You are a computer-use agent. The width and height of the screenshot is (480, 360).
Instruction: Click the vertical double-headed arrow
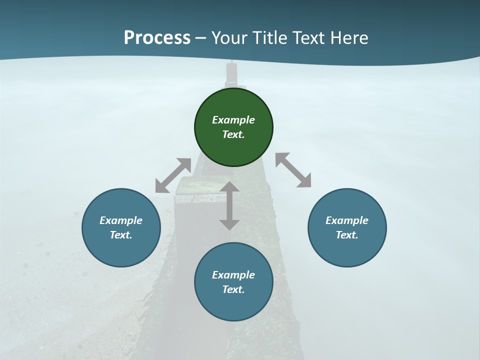click(x=229, y=206)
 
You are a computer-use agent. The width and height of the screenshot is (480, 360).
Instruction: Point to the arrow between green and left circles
click(x=173, y=175)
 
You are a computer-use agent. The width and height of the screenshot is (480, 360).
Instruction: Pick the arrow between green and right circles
click(x=293, y=170)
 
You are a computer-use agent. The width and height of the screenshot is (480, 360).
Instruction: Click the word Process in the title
click(x=157, y=37)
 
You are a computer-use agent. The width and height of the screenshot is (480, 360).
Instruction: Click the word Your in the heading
click(x=229, y=37)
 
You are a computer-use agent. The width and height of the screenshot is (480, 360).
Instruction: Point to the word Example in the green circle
click(x=233, y=120)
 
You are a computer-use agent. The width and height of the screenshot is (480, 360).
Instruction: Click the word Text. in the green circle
click(x=233, y=134)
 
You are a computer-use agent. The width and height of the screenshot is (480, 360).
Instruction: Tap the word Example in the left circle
click(x=121, y=220)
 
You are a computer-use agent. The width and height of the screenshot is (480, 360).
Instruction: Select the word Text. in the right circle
click(x=347, y=235)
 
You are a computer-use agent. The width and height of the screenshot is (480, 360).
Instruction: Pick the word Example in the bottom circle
click(x=233, y=275)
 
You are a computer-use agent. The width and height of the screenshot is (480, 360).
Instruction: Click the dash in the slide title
click(x=201, y=37)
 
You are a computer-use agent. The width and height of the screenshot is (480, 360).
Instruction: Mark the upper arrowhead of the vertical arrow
click(x=229, y=188)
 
